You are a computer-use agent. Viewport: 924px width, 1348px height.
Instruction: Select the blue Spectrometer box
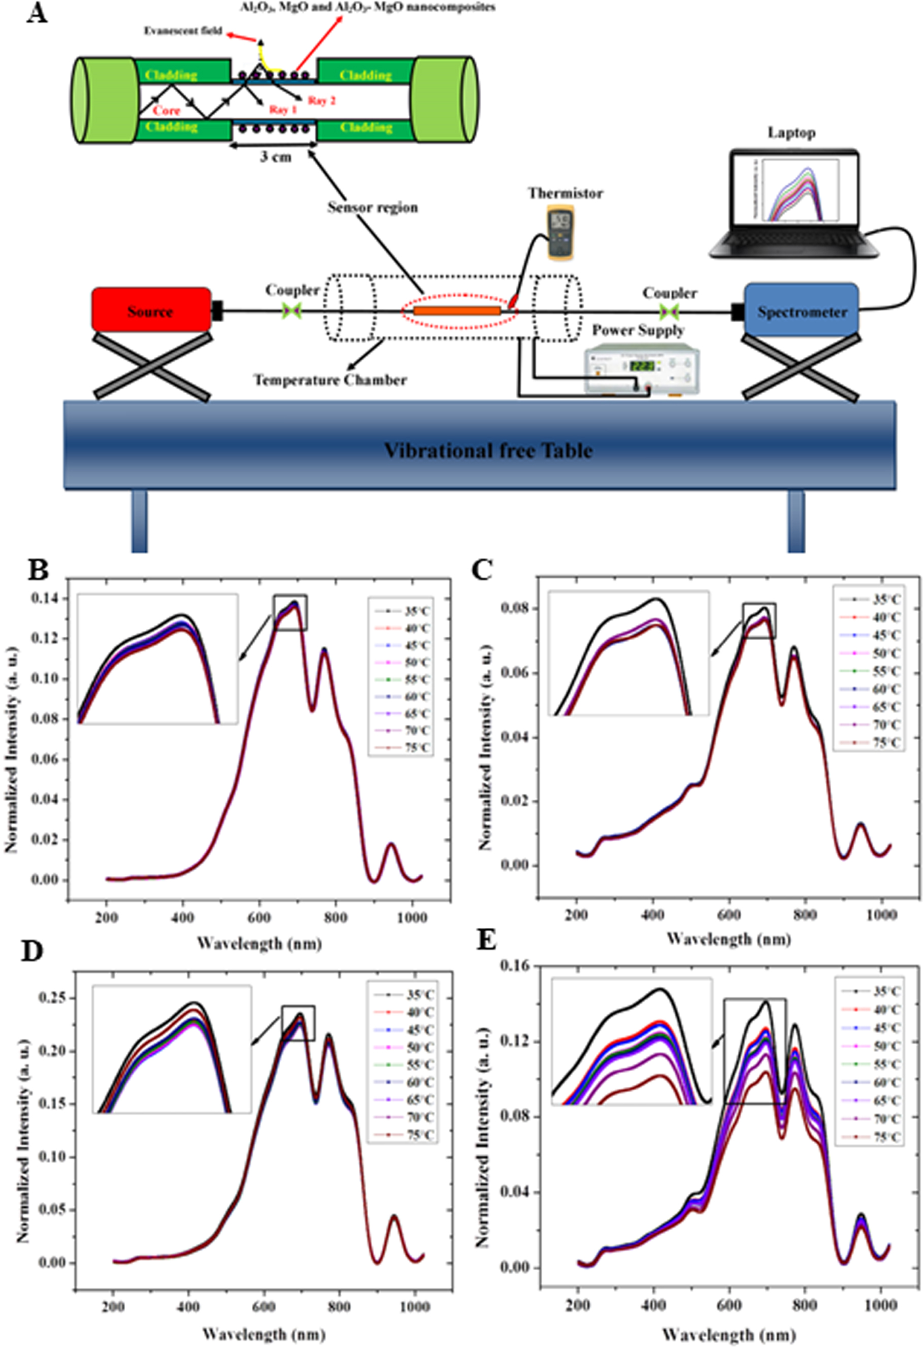pyautogui.click(x=801, y=311)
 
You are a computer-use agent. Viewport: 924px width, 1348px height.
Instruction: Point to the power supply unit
pyautogui.click(x=642, y=370)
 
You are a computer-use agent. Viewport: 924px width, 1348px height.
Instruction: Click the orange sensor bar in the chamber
pyautogui.click(x=457, y=311)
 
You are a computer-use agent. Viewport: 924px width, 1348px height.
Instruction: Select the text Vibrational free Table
pyautogui.click(x=488, y=450)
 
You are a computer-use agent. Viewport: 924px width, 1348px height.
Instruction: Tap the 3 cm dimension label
pyautogui.click(x=275, y=157)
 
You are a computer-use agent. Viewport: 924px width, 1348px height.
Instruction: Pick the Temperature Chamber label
pyautogui.click(x=330, y=381)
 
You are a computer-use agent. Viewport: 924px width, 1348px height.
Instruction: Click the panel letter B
pyautogui.click(x=38, y=571)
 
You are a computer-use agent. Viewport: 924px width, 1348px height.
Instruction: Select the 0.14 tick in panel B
pyautogui.click(x=49, y=599)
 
